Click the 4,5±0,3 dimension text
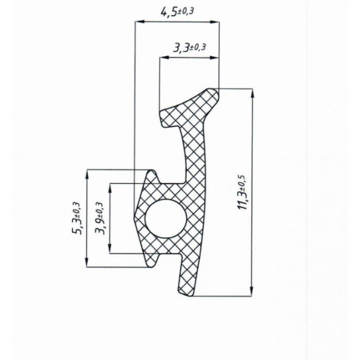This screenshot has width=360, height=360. tap(176, 12)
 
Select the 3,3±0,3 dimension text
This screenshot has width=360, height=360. tap(189, 47)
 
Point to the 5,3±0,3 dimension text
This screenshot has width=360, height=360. tap(76, 218)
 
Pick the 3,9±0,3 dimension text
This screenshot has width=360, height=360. tap(100, 218)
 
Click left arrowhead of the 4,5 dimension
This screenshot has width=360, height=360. tap(140, 22)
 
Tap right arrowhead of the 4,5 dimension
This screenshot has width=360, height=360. tap(214, 22)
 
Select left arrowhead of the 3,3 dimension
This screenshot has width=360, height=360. tap(164, 58)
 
